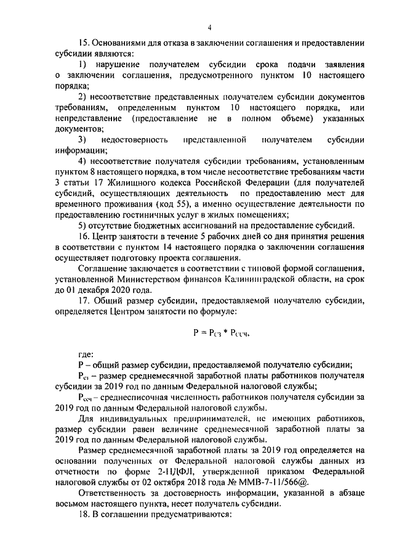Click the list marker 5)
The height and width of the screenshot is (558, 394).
pyautogui.click(x=82, y=226)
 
